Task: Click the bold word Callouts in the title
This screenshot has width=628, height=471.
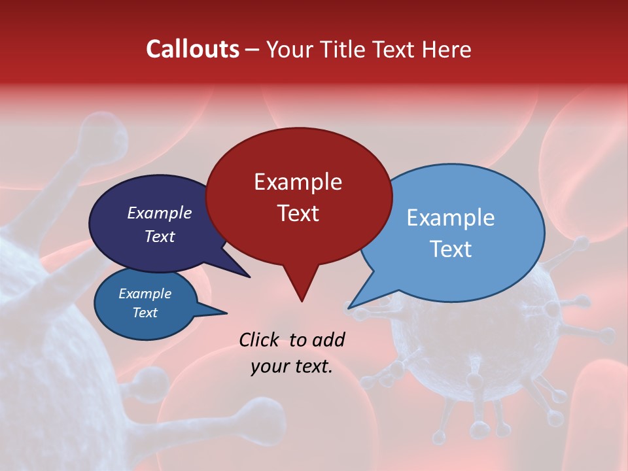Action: tap(192, 49)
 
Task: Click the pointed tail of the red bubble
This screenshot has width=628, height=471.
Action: tap(301, 288)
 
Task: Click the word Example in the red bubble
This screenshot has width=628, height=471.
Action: tap(298, 182)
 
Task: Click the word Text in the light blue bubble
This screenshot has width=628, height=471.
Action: tap(451, 249)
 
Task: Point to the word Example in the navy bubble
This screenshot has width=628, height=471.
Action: tap(159, 213)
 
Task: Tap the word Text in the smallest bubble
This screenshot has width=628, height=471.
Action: tap(145, 313)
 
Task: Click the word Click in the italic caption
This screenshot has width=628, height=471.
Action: tap(258, 340)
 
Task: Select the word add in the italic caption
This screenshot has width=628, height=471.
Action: tap(328, 340)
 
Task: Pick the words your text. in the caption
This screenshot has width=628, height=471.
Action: tap(292, 366)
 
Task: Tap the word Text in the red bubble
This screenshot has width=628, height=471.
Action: tap(298, 213)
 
